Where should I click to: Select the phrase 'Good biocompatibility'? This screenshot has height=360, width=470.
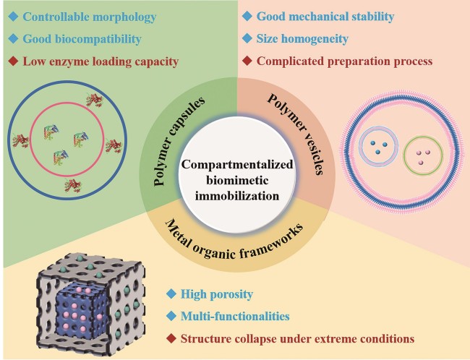[x=82, y=38]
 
